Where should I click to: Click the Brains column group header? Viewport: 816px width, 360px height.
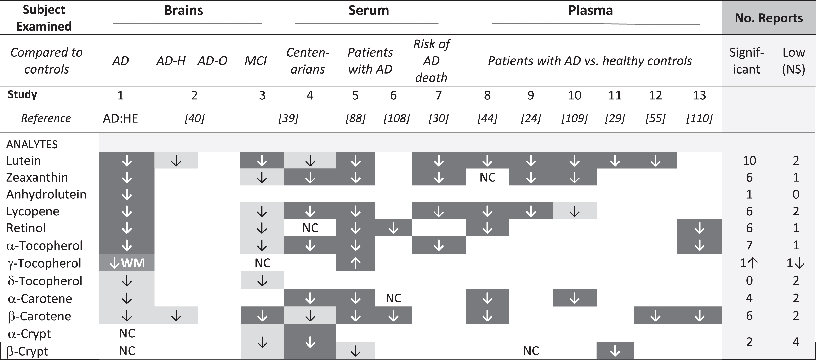pos(183,10)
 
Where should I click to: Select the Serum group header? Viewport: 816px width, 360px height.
pos(369,10)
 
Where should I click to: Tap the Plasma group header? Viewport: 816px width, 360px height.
pos(590,10)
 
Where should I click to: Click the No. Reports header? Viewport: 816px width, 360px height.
pos(769,18)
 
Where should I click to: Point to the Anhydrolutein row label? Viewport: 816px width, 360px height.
pos(46,194)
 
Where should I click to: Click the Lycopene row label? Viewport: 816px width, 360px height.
pos(33,211)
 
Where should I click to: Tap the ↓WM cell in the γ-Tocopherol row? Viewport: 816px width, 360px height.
pos(127,263)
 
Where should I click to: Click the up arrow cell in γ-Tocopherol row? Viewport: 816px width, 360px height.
pos(355,263)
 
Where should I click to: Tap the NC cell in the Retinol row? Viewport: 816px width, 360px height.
pos(310,228)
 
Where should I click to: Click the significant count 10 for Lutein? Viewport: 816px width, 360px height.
pos(749,161)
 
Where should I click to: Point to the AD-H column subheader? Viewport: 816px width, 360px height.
pos(171,60)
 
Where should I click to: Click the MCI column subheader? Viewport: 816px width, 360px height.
pos(256,60)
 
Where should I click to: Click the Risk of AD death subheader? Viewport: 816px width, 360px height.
pos(432,61)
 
